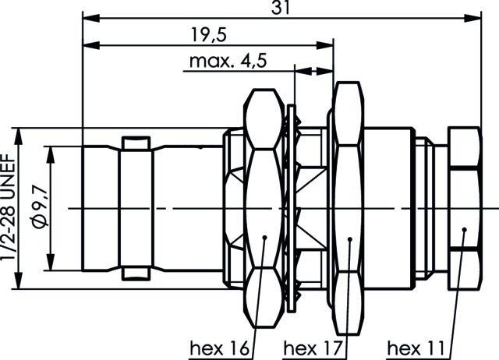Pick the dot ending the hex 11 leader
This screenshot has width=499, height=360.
pos(464,230)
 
